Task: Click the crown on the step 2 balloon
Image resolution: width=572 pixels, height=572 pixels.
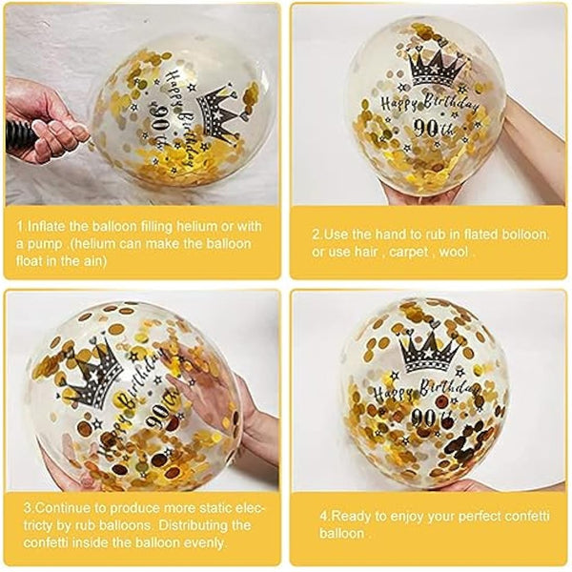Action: coord(437,69)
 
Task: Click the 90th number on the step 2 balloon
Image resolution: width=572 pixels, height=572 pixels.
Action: coord(434,128)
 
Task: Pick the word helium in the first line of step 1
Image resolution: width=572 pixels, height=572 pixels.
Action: coord(197,226)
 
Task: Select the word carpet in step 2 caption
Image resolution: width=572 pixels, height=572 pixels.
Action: coord(409,252)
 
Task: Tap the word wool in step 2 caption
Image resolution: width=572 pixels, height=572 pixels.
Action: coord(454,252)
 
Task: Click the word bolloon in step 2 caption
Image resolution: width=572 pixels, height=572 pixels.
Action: coord(524,235)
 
